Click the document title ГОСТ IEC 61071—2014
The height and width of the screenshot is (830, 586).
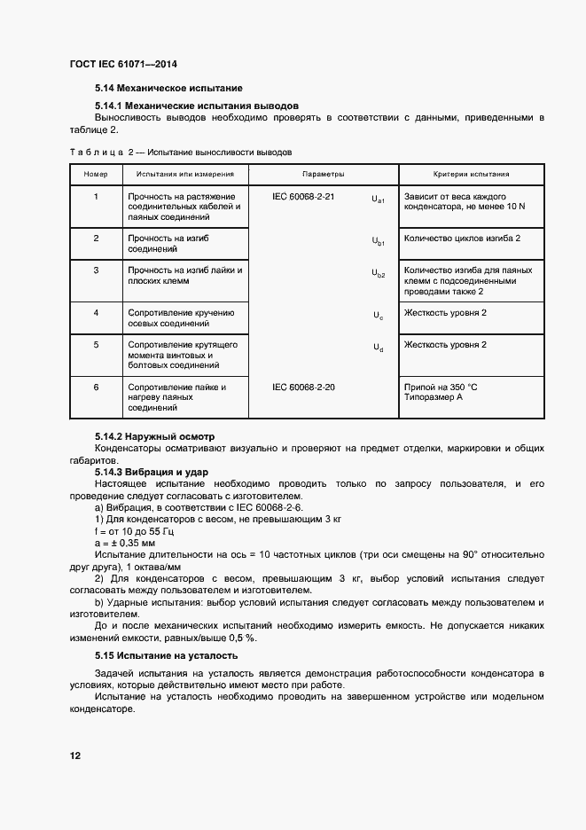129,66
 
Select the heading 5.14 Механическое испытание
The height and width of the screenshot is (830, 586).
168,89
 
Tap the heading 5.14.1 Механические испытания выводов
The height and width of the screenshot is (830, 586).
196,105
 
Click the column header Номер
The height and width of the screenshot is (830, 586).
95,175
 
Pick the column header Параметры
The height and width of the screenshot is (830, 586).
324,175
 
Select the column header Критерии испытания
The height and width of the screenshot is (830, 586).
471,175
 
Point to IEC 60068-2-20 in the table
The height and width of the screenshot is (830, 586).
303,388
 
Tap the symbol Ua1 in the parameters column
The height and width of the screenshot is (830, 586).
378,200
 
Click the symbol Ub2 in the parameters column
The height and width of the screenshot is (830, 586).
378,275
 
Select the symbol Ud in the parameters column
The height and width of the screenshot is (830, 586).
378,348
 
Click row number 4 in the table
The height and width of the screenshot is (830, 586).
96,313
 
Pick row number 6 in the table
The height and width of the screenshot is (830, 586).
96,388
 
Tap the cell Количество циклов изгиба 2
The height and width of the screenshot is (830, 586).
461,239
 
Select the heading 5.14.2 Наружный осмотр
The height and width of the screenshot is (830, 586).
154,437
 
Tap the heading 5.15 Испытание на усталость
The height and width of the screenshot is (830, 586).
166,656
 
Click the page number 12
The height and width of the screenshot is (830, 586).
75,756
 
